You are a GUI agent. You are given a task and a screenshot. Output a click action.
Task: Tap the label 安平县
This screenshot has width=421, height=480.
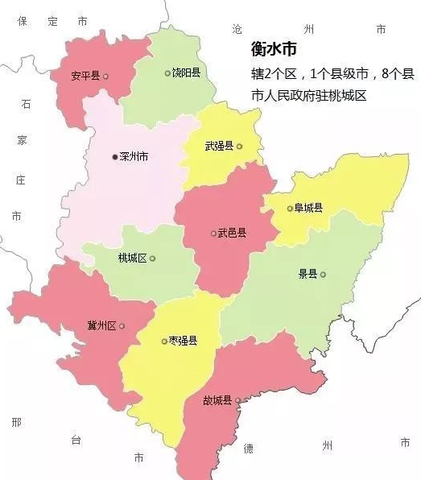click(85, 76)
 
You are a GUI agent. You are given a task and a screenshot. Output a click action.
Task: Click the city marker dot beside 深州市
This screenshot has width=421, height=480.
click(114, 157)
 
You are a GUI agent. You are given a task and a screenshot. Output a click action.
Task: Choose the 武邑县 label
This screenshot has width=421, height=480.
click(232, 234)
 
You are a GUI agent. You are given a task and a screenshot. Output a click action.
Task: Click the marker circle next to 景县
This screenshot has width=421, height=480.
click(323, 275)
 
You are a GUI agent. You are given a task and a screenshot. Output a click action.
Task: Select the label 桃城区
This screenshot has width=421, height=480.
click(132, 259)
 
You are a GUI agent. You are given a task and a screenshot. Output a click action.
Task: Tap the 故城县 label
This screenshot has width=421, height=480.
click(217, 400)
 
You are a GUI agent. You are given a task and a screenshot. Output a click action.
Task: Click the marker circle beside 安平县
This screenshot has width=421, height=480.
click(105, 77)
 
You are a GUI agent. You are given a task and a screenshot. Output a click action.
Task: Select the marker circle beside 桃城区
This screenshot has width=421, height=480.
click(152, 259)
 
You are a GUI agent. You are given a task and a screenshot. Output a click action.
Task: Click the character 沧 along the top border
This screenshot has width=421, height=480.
click(237, 28)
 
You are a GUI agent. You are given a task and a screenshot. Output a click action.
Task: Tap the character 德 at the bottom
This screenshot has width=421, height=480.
click(249, 447)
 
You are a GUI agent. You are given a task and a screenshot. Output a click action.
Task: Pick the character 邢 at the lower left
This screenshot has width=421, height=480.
click(17, 423)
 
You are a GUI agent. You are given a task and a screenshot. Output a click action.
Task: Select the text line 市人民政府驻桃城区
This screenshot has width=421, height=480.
click(308, 96)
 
